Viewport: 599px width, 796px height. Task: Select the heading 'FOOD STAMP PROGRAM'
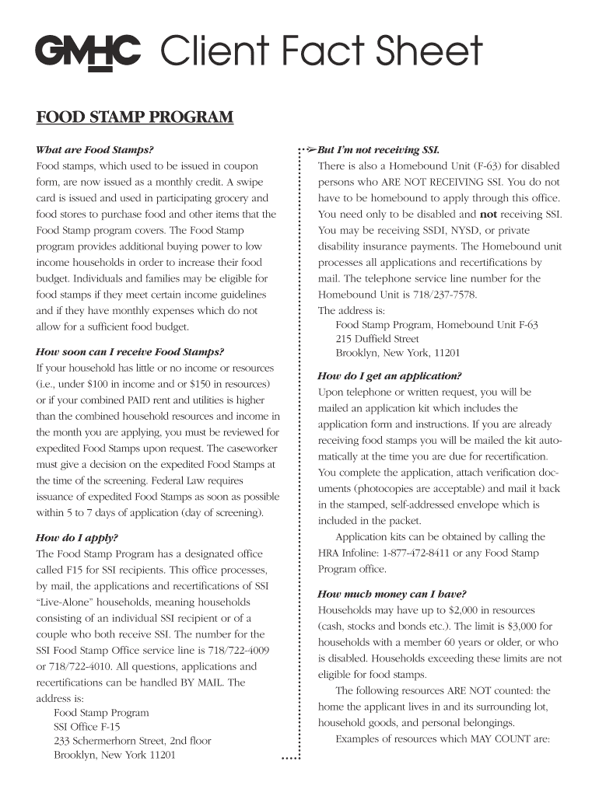135,118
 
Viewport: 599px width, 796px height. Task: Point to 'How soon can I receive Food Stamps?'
130,351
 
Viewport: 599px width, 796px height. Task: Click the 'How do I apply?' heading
76,537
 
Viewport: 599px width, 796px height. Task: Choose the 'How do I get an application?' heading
389,375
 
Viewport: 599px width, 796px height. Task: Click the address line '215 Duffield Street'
377,339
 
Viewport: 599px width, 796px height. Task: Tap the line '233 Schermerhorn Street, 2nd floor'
132,741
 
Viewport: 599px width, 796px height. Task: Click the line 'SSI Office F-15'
86,727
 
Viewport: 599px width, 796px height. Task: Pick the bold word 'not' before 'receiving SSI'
488,215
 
